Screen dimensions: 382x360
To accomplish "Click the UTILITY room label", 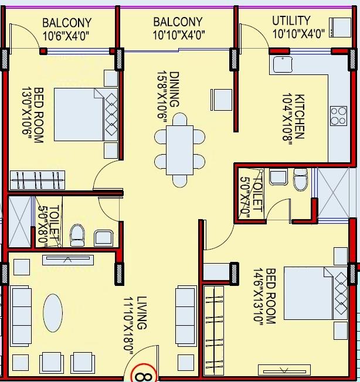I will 291,21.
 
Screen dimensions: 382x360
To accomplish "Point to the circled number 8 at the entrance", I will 141,373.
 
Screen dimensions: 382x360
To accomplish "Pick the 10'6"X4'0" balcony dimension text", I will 67,35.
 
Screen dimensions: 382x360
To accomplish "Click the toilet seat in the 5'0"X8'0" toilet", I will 77,235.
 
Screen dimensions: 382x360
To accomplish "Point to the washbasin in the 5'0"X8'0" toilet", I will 104,237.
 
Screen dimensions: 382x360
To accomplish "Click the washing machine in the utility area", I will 339,27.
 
